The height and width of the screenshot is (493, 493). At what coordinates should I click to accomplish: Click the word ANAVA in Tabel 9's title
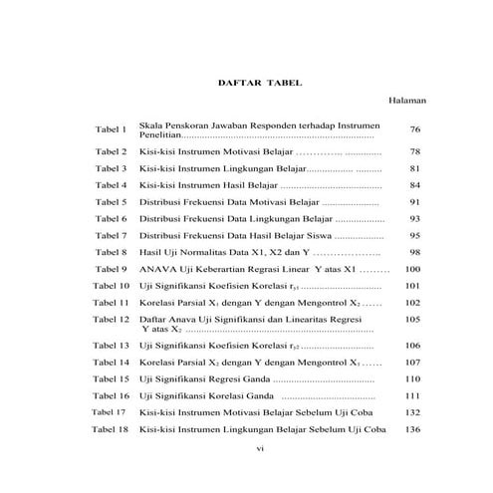(x=158, y=270)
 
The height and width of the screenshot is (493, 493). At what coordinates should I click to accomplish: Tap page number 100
(x=414, y=270)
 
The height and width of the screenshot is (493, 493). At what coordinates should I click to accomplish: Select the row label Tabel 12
(x=111, y=320)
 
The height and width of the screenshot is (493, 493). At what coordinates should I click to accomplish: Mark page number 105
(x=414, y=320)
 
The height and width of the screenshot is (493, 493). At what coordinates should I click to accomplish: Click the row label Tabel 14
(x=111, y=362)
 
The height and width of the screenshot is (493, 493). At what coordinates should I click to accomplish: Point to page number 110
(x=414, y=378)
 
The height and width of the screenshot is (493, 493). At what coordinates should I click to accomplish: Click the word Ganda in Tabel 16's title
(x=257, y=395)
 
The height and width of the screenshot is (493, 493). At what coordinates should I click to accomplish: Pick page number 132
(x=414, y=412)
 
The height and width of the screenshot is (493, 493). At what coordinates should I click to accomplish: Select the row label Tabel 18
(x=111, y=429)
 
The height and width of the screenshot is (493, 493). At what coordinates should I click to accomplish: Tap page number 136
(x=414, y=429)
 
